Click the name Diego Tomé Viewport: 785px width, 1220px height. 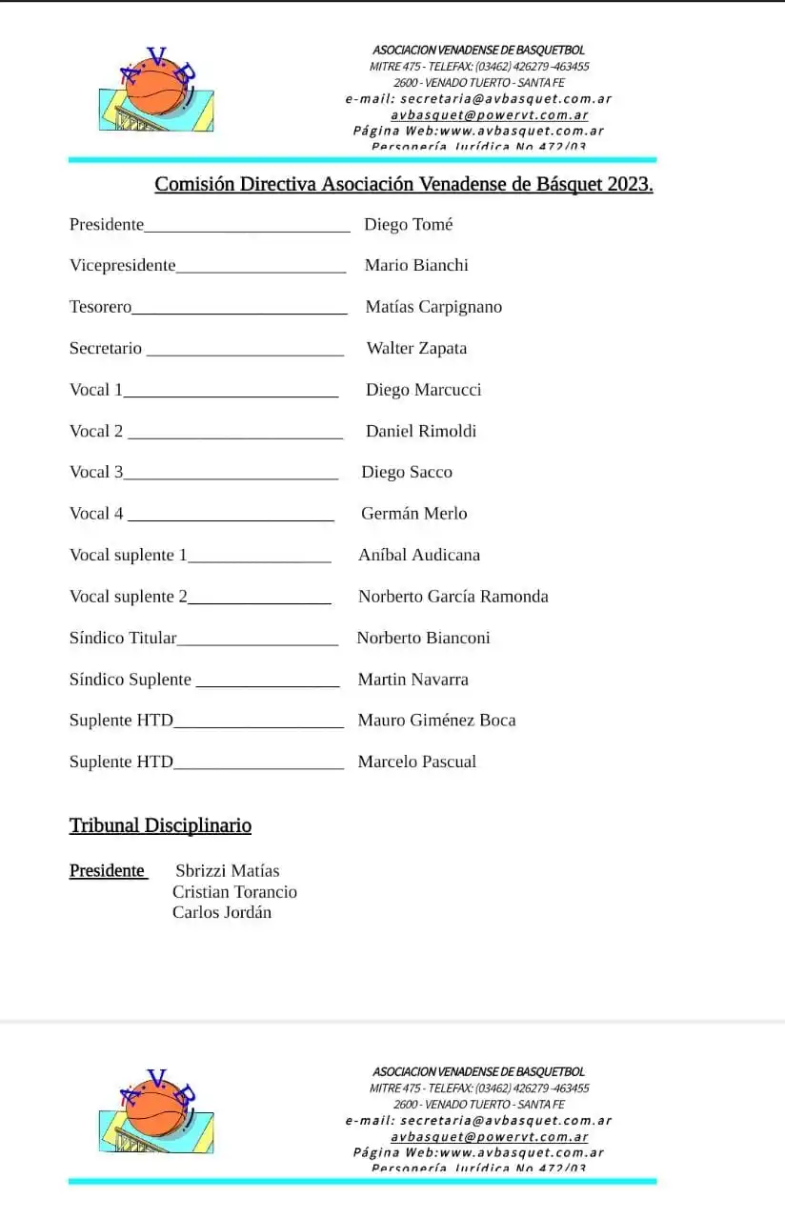pyautogui.click(x=409, y=225)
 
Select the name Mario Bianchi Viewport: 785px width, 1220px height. pyautogui.click(x=416, y=266)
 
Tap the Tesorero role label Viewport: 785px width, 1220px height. pyautogui.click(x=100, y=307)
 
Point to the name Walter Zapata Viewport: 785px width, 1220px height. pyautogui.click(x=416, y=349)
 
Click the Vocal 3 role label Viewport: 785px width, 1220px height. pyautogui.click(x=96, y=472)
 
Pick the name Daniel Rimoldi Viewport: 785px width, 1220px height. pyautogui.click(x=421, y=432)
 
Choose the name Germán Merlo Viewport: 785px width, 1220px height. pyautogui.click(x=414, y=514)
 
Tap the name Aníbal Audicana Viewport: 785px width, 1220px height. pyautogui.click(x=419, y=555)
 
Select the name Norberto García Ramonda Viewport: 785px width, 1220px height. pyautogui.click(x=453, y=597)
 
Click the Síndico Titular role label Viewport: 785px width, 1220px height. pyautogui.click(x=123, y=638)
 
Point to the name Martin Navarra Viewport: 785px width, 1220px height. pyautogui.click(x=413, y=680)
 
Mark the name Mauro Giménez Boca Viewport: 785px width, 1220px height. pyautogui.click(x=436, y=721)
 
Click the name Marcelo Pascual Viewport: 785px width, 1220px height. pyautogui.click(x=417, y=762)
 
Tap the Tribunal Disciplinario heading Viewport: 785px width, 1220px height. pyautogui.click(x=160, y=825)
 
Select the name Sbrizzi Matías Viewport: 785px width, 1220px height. pyautogui.click(x=228, y=871)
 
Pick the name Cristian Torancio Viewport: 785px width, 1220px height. pyautogui.click(x=234, y=892)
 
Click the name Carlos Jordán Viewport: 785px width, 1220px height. pyautogui.click(x=222, y=913)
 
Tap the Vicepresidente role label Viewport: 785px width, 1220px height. pyautogui.click(x=122, y=266)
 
